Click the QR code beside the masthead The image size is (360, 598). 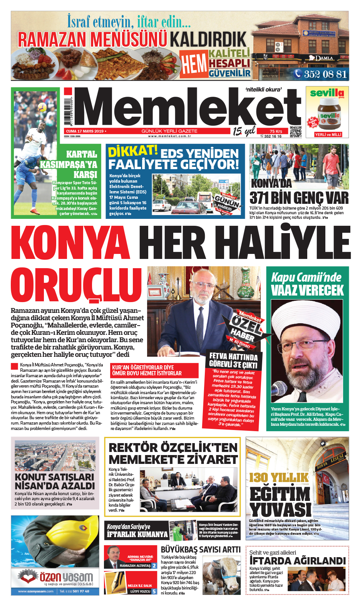pos(295,131)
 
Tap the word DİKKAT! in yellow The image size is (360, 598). pos(132,151)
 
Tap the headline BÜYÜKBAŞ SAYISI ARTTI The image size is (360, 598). pos(200,550)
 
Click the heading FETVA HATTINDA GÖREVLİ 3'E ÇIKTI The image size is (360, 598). pos(233,360)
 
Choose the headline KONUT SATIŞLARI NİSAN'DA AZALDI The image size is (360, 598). pos(54,481)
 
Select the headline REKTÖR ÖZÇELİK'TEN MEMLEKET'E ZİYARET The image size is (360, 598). pos(173,454)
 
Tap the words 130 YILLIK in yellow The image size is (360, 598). pos(279,478)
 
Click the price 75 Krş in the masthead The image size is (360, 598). pos(276,131)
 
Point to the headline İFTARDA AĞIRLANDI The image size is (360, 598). pos(297,561)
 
